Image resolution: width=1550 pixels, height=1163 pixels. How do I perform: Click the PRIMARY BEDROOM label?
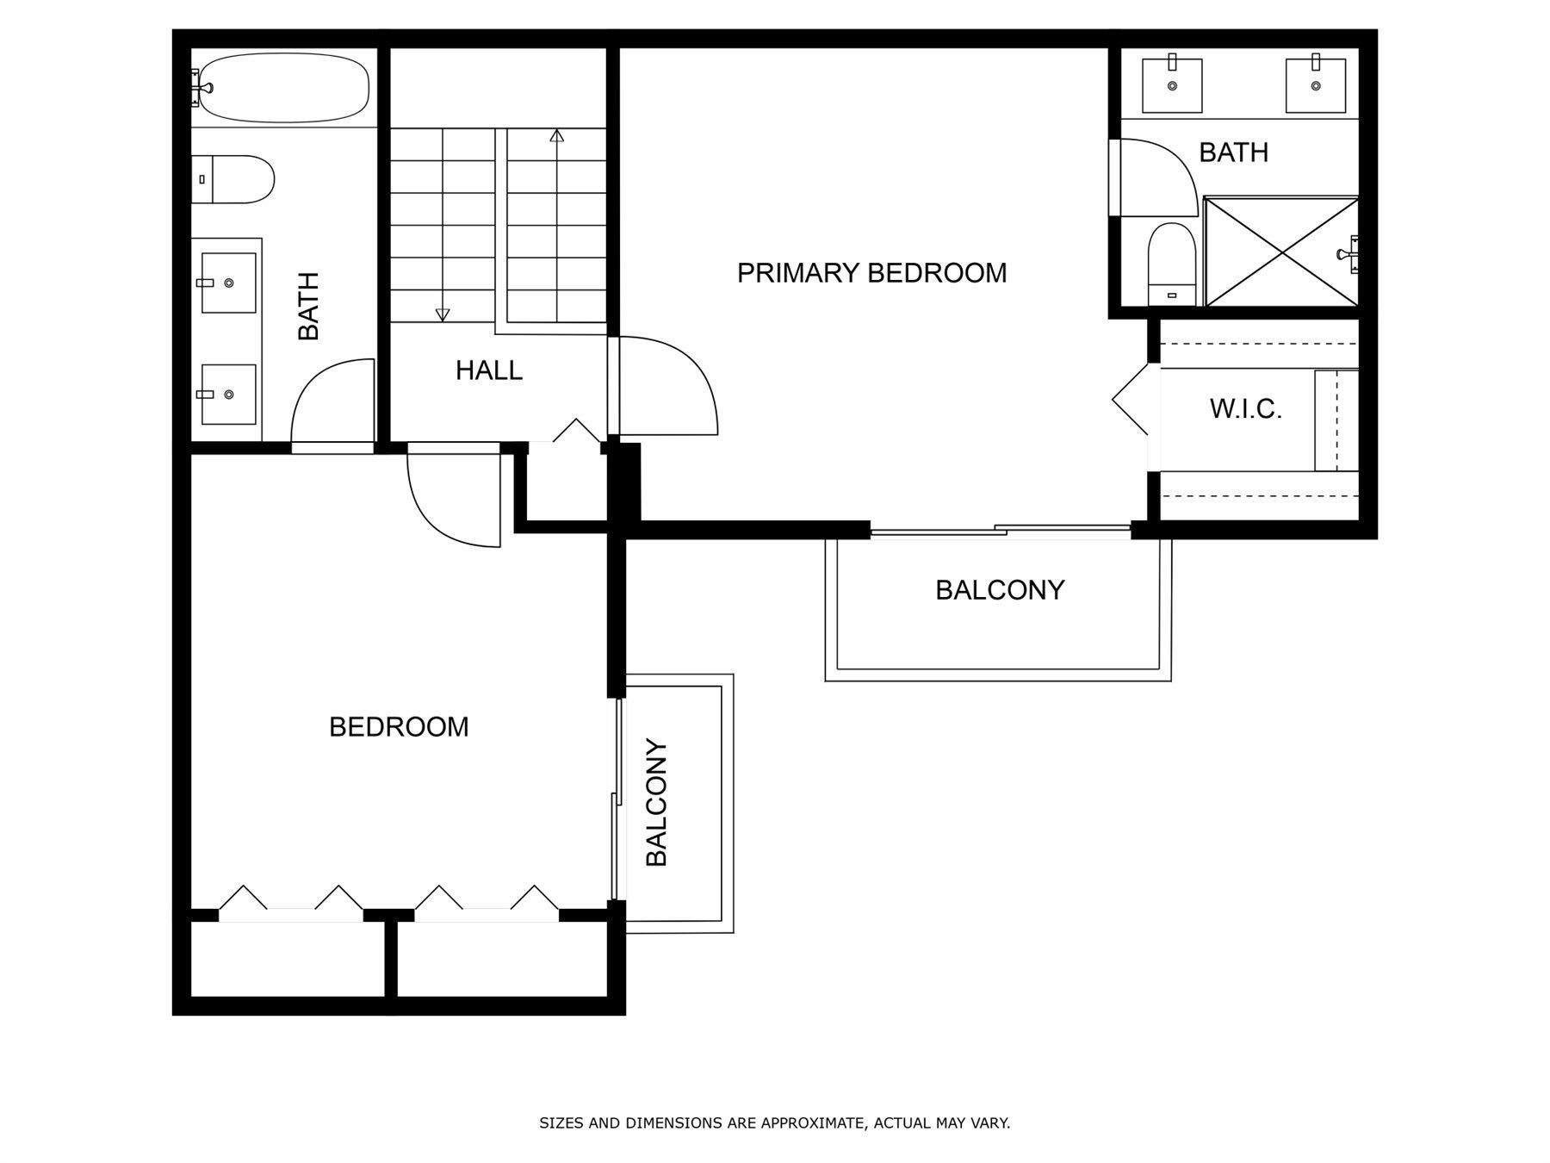tap(871, 273)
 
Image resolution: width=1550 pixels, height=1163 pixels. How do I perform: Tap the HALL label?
tap(489, 370)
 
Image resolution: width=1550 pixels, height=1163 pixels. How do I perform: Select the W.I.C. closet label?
tap(1246, 409)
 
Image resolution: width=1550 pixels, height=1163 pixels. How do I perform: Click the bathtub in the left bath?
tap(281, 88)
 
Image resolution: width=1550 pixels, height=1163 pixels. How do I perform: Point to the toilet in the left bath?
tap(232, 179)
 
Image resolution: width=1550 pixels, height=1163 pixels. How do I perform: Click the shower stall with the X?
tap(1281, 252)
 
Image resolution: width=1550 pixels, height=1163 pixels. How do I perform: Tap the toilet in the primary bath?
tap(1172, 264)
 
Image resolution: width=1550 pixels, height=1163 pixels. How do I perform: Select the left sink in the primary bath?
tap(1172, 84)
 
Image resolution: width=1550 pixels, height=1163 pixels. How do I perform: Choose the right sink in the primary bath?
tap(1315, 84)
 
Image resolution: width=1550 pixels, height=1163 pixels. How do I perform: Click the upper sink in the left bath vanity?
tap(228, 283)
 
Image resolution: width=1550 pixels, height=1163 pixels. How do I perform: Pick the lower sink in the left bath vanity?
tap(228, 395)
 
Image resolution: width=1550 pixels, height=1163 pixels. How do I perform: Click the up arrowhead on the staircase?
tap(557, 135)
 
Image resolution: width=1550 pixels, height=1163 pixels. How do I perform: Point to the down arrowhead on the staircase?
tap(443, 315)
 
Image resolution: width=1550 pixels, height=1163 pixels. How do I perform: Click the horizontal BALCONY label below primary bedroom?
tap(1000, 590)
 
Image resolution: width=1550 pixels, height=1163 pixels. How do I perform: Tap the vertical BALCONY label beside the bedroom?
tap(656, 802)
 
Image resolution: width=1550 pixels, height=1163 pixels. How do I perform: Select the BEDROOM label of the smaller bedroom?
tap(399, 727)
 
